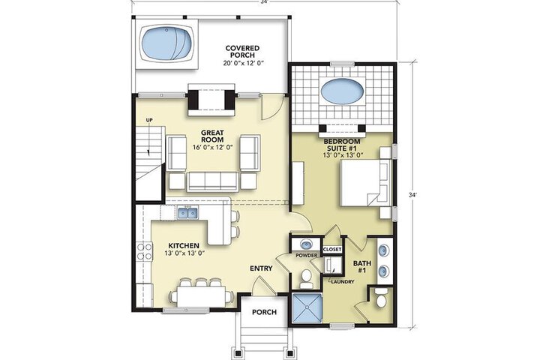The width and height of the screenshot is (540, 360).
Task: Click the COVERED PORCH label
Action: click(242, 52)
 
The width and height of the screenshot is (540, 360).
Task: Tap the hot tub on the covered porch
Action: click(166, 44)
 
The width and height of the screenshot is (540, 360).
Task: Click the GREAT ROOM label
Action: click(212, 136)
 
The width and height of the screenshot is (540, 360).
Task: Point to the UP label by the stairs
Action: click(149, 120)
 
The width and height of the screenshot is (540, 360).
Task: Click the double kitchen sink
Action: click(187, 213)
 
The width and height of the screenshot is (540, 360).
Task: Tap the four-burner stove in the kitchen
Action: click(145, 251)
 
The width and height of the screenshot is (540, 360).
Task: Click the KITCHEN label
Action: click(184, 246)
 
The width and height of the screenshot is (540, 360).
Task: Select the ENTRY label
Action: click(261, 268)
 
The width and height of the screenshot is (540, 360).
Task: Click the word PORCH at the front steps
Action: click(264, 312)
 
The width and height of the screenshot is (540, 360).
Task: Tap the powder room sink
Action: click(306, 244)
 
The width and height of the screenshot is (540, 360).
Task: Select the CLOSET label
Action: click(332, 250)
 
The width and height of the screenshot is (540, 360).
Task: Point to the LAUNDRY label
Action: click(342, 282)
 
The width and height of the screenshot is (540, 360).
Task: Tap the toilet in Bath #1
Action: click(381, 299)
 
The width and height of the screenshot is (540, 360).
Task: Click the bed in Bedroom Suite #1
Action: click(365, 182)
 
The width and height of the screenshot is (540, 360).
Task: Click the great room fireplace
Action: click(211, 100)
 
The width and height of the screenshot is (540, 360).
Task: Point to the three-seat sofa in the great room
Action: click(212, 182)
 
